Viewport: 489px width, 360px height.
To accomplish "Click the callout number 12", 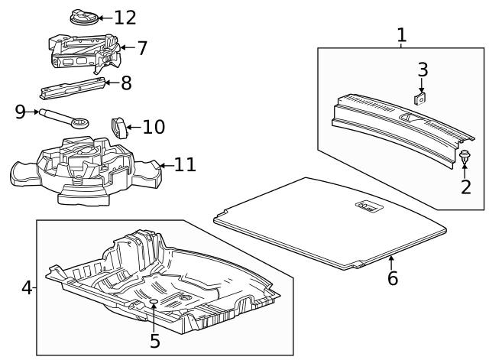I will coord(125,18).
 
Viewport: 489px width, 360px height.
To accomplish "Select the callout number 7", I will coord(143,48).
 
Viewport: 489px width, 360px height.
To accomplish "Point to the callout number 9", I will coord(21,112).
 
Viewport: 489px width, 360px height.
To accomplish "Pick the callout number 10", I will coord(154,126).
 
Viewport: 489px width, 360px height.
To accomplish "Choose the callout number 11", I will coord(186,164).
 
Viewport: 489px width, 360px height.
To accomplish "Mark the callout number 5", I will coord(155,341).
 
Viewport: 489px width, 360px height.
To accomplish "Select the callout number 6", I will coord(393,277).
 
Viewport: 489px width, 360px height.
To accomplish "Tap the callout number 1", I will coord(402,34).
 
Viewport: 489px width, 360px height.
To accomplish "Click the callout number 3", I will coord(423,69).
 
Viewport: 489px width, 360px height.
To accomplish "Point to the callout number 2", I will coord(465,186).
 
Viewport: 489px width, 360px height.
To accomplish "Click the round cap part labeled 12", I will coord(84,16).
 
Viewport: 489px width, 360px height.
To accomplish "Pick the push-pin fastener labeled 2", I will coord(465,157).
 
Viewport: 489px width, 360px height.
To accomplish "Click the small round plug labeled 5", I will coord(154,303).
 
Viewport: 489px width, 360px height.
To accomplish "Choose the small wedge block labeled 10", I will coord(120,126).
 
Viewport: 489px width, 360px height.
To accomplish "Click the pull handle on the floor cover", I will coord(368,205).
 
